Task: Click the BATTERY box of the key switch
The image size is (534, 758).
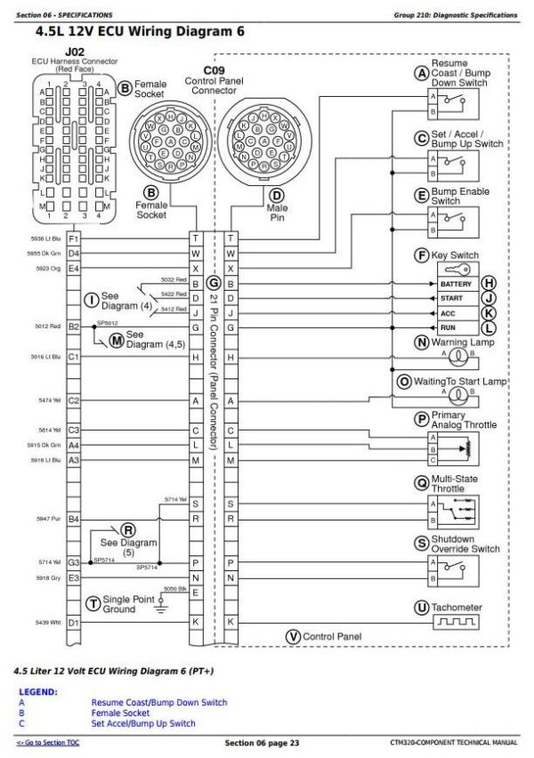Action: [x=456, y=284]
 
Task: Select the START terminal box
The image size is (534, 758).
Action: [x=456, y=298]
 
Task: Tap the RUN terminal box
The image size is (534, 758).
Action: [x=456, y=327]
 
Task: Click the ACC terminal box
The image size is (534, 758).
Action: [x=456, y=313]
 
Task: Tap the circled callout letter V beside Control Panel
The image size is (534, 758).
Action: [x=293, y=636]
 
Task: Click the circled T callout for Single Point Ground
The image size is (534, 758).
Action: [x=93, y=602]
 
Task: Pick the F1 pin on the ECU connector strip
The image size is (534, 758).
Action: [x=74, y=238]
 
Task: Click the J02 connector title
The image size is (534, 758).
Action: [x=75, y=52]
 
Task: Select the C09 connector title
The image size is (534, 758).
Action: [x=214, y=69]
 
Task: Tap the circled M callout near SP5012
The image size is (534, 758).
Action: [x=116, y=339]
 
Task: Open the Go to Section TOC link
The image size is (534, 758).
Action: [x=48, y=743]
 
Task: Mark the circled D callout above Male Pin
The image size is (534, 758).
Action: [x=277, y=196]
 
